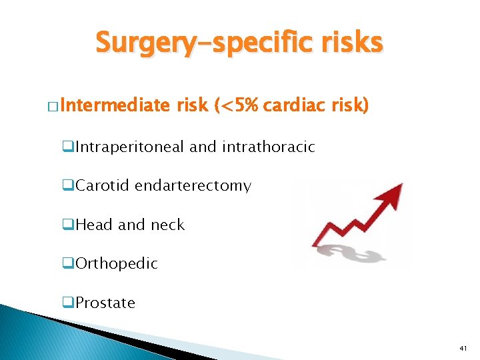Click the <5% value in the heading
coord(237,105)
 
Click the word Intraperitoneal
coord(130,147)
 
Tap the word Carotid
coord(103,185)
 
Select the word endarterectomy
coord(193,185)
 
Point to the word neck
coord(167,225)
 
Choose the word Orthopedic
coord(117,264)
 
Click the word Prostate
coord(105,303)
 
